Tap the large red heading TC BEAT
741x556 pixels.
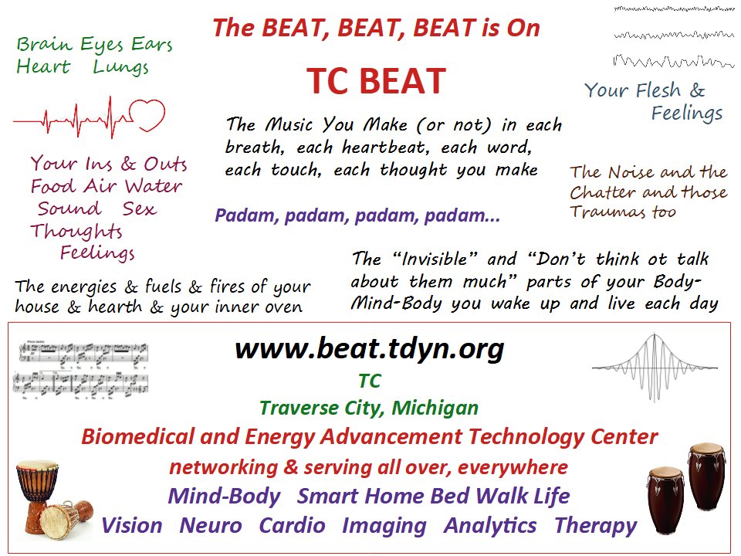pos(376,81)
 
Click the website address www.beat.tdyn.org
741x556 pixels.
pos(370,349)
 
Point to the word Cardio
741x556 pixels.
pos(292,525)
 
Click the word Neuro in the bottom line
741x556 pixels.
pos(210,525)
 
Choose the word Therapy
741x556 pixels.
pos(596,526)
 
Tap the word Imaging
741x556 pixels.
pos(384,526)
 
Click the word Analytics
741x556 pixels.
pos(490,526)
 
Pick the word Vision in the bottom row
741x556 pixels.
pos(132,525)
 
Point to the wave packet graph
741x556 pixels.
pos(655,368)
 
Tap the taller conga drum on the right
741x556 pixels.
pos(706,476)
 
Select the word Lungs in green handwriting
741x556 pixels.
pos(120,67)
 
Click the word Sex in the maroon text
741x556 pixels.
pos(140,208)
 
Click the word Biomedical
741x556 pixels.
pos(137,436)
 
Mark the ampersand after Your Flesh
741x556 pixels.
pos(697,90)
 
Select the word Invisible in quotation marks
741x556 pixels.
pos(434,259)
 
